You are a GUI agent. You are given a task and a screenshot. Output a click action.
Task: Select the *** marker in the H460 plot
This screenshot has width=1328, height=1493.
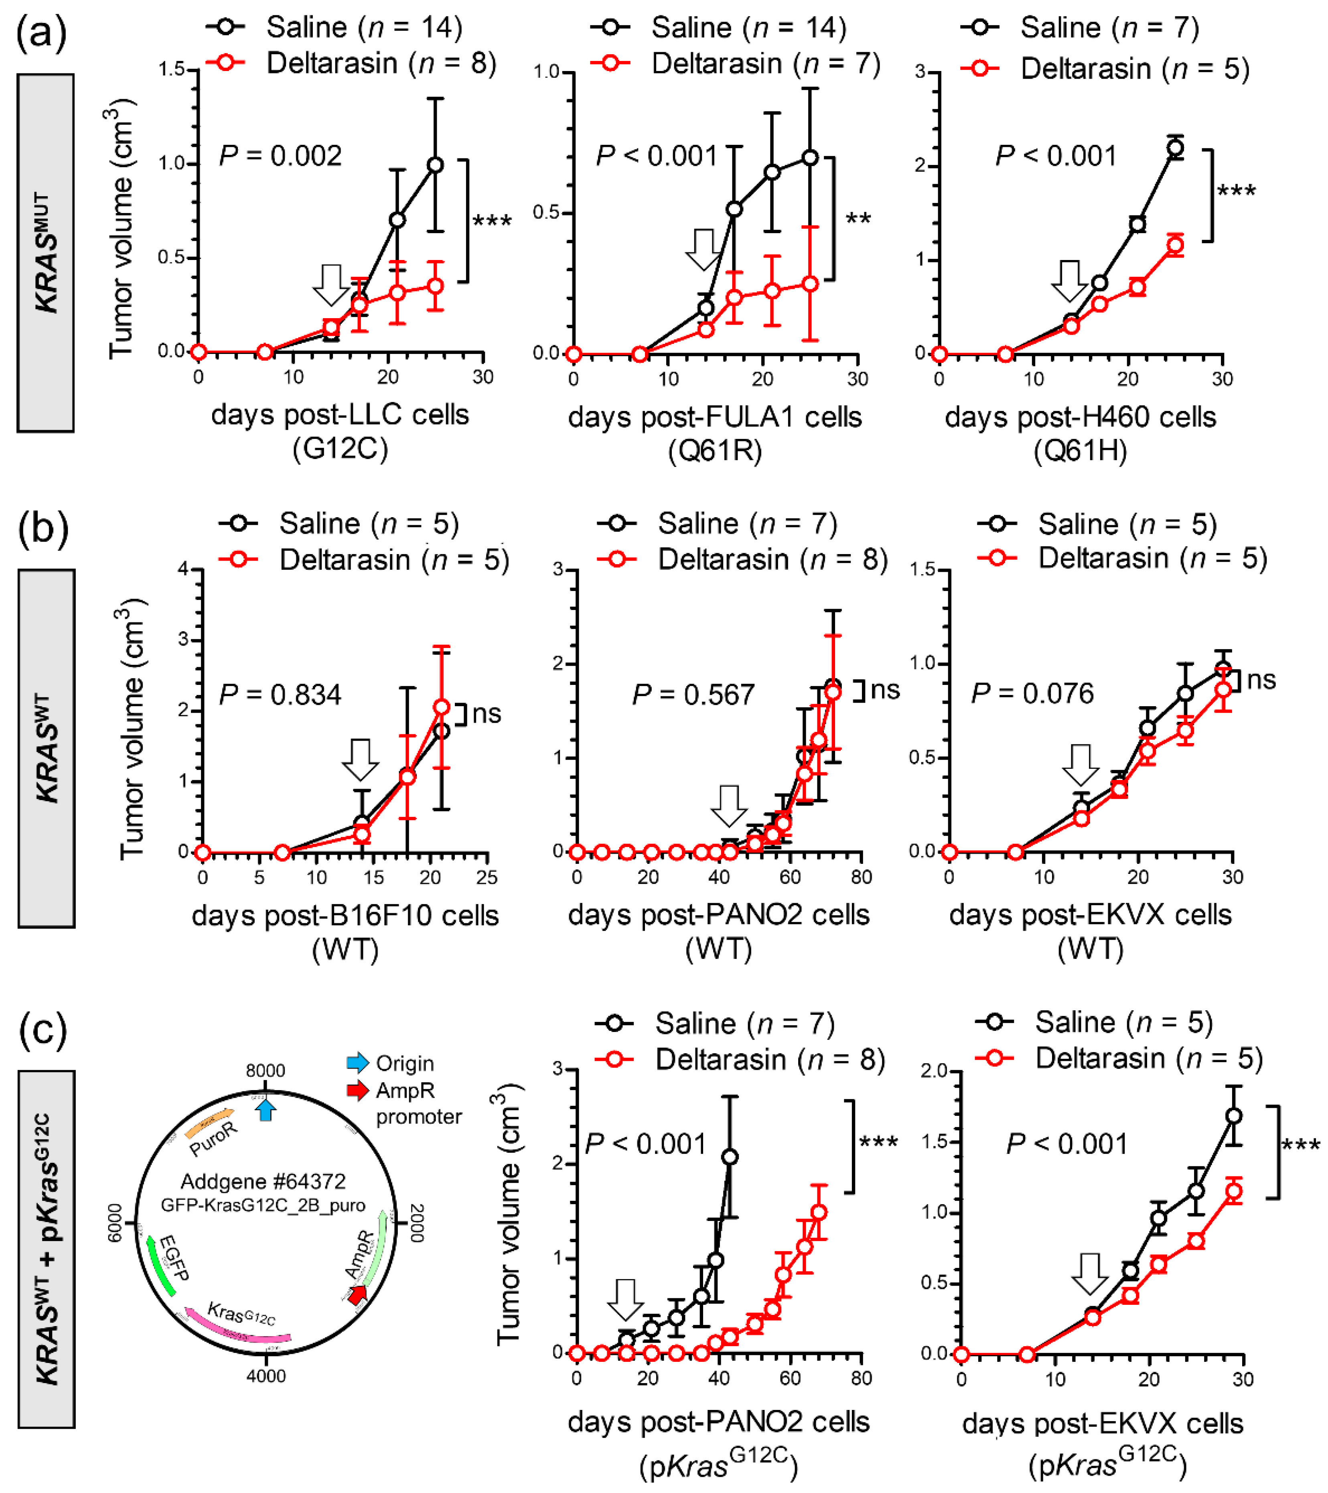point(1236,191)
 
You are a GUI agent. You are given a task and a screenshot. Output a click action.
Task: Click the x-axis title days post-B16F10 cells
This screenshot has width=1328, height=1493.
point(345,915)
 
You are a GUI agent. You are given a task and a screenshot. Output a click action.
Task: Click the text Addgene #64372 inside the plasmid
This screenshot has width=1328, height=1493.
point(263,1181)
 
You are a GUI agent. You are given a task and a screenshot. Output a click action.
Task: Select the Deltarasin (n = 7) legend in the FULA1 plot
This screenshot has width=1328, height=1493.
point(765,63)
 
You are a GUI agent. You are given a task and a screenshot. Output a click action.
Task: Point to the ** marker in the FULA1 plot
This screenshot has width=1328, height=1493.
point(858,218)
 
